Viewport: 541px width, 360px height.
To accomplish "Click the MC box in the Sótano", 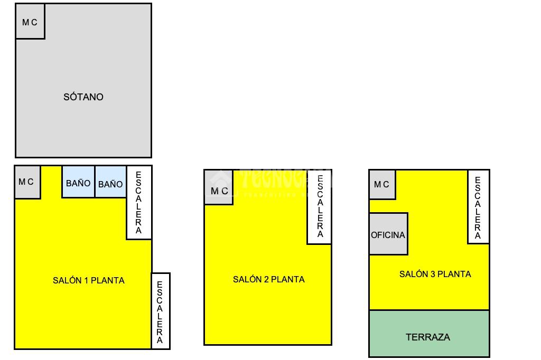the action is point(30,22).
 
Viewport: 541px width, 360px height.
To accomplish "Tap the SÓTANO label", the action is point(83,97).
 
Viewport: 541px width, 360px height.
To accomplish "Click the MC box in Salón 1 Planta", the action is point(27,182).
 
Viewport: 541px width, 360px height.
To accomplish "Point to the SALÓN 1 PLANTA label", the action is point(89,280).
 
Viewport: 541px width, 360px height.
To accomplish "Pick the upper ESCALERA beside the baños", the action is point(139,203).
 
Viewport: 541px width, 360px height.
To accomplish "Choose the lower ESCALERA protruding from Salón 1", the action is point(160,311).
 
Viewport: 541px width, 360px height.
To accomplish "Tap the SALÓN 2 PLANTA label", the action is point(269,279).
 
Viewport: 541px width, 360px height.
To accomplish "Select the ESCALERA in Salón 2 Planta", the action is point(320,206).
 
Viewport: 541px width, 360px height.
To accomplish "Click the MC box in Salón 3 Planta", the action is point(382,185).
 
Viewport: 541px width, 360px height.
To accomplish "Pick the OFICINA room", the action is point(388,234).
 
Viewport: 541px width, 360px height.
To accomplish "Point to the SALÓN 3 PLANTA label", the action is point(435,274).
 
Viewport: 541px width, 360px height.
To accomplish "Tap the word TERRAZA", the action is point(428,337).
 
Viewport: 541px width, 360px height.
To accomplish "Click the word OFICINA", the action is point(388,235).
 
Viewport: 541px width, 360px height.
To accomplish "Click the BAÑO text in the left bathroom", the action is point(78,184).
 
